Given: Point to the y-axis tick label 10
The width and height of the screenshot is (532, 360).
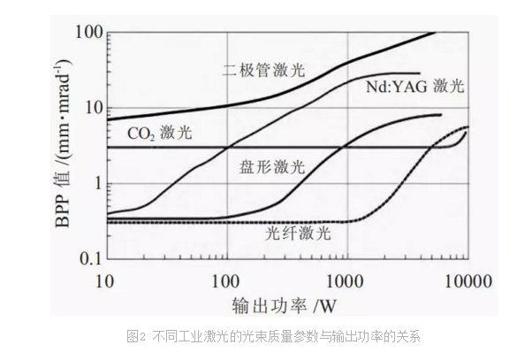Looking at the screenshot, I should pyautogui.click(x=87, y=109).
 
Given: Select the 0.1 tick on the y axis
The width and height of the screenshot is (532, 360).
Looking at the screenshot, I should pyautogui.click(x=86, y=258).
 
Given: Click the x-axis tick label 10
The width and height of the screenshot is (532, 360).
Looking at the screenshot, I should pyautogui.click(x=106, y=282).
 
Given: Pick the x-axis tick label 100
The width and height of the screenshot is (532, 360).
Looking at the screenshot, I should pyautogui.click(x=226, y=282).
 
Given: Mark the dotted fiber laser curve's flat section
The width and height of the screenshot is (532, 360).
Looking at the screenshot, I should pyautogui.click(x=221, y=221).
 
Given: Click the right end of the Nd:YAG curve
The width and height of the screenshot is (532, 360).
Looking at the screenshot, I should pyautogui.click(x=419, y=73).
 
